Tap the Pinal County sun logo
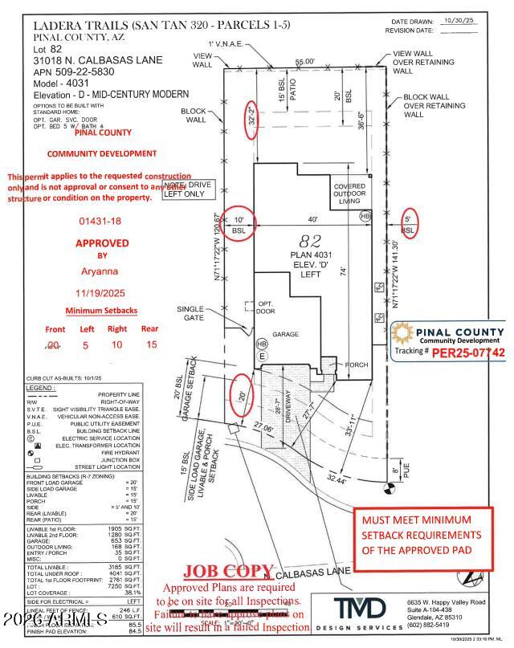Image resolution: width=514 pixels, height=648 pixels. click(403, 336)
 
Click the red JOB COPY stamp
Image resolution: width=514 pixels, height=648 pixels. click(229, 571)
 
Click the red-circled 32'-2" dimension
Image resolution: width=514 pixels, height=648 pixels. click(251, 120)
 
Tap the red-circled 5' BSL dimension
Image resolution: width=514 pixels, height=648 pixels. click(408, 224)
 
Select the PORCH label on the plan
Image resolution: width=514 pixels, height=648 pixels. click(356, 365)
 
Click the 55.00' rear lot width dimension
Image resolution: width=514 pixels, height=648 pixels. click(304, 61)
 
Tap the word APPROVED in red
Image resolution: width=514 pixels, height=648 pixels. click(102, 242)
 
